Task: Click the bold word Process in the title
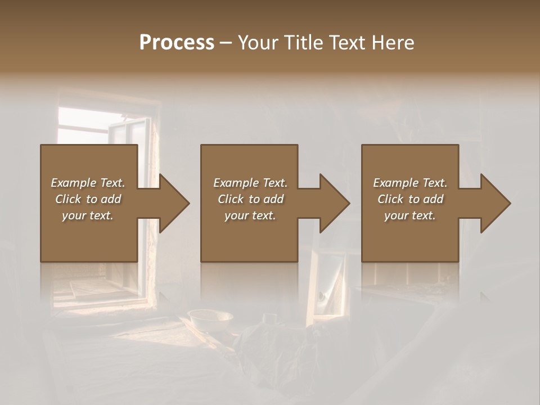point(177,43)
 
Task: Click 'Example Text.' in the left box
point(88,183)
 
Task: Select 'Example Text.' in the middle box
point(250,183)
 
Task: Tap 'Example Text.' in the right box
point(410,183)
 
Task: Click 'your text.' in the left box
point(88,215)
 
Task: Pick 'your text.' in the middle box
point(250,215)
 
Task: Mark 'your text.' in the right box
point(410,215)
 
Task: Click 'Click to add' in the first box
point(88,199)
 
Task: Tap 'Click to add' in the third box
point(410,199)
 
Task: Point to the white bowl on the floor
point(210,319)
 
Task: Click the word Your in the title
point(258,43)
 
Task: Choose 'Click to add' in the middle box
point(250,199)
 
